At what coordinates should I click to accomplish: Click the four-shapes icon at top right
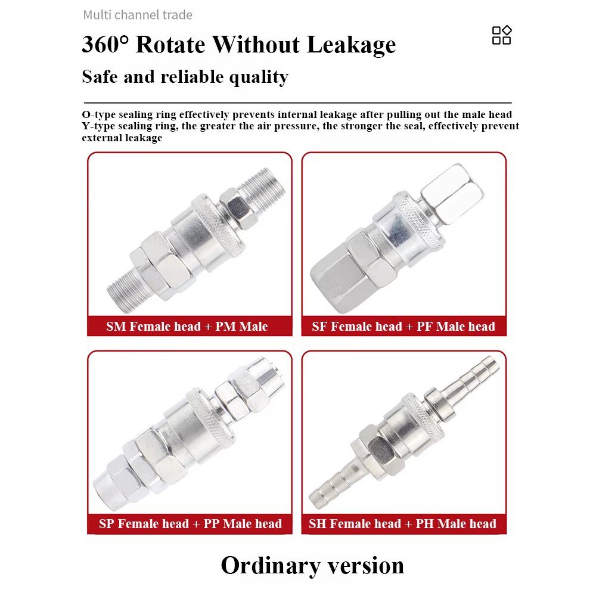[501, 35]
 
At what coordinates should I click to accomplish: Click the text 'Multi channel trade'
[138, 15]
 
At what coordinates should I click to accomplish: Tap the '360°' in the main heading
[105, 44]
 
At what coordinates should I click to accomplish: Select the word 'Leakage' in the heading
[351, 45]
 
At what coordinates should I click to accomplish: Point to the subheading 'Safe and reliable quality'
[185, 77]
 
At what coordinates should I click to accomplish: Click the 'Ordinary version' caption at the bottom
[312, 566]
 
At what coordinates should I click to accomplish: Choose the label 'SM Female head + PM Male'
[187, 327]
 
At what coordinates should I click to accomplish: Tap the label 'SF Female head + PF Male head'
[403, 327]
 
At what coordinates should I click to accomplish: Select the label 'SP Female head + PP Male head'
[191, 524]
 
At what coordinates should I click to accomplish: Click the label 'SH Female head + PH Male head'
[402, 524]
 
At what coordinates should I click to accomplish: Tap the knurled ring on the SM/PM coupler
[218, 224]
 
